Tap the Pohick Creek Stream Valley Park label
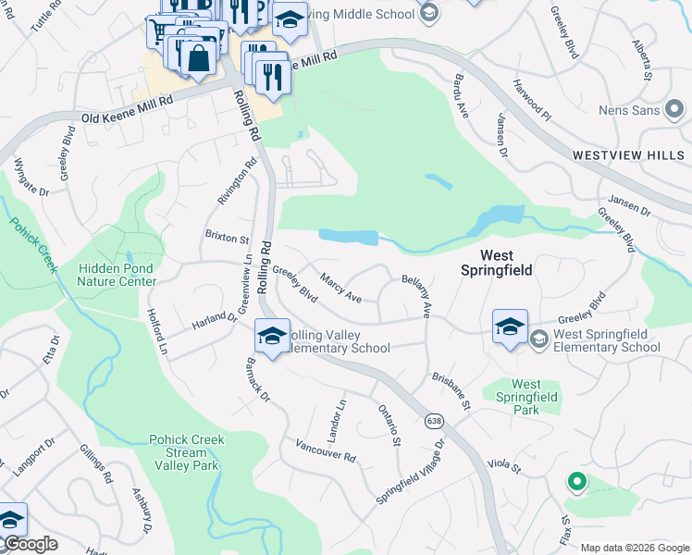[x=185, y=452]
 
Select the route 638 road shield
[x=434, y=421]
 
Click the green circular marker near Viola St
[x=576, y=481]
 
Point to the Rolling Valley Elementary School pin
[x=272, y=337]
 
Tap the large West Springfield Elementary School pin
[x=510, y=328]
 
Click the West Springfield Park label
[x=525, y=397]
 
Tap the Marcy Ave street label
[x=340, y=288]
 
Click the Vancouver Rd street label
[x=326, y=450]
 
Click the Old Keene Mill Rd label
[x=128, y=105]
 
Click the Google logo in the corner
[x=30, y=544]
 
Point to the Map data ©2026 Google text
[x=634, y=548]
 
